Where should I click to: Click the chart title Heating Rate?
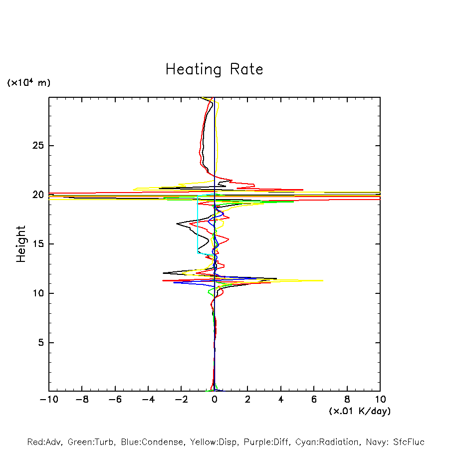tap(214, 69)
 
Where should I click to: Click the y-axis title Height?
tap(21, 244)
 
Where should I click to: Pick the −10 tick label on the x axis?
tap(48, 400)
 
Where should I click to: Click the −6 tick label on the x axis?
tap(115, 400)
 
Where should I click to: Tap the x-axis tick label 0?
tap(215, 400)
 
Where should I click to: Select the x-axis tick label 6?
tap(314, 400)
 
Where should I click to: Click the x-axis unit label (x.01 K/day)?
tap(359, 411)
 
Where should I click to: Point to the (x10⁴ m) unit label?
tap(28, 83)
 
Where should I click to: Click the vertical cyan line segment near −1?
tap(198, 225)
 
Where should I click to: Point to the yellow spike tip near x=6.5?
tap(322, 280)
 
